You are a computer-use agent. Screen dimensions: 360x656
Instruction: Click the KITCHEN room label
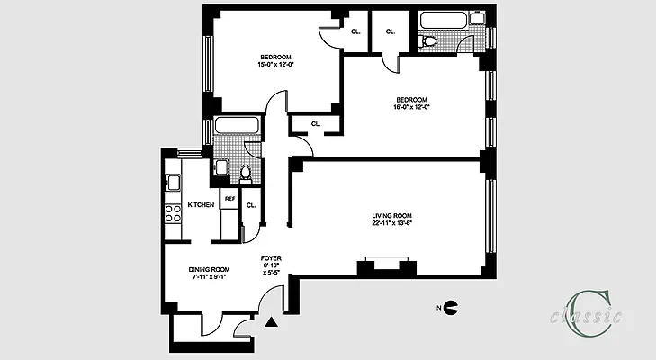point(201,205)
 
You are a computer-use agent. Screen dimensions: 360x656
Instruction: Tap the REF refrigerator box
point(229,199)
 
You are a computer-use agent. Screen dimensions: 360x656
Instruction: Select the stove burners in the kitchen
point(170,214)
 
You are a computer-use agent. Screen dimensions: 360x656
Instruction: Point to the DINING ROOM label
point(210,269)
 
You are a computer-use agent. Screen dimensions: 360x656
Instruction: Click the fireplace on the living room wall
point(382,265)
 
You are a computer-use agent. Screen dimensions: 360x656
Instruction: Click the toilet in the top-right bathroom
point(429,40)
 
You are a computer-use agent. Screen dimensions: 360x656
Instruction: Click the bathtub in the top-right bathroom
point(443,19)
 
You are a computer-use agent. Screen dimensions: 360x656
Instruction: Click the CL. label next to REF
point(251,205)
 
